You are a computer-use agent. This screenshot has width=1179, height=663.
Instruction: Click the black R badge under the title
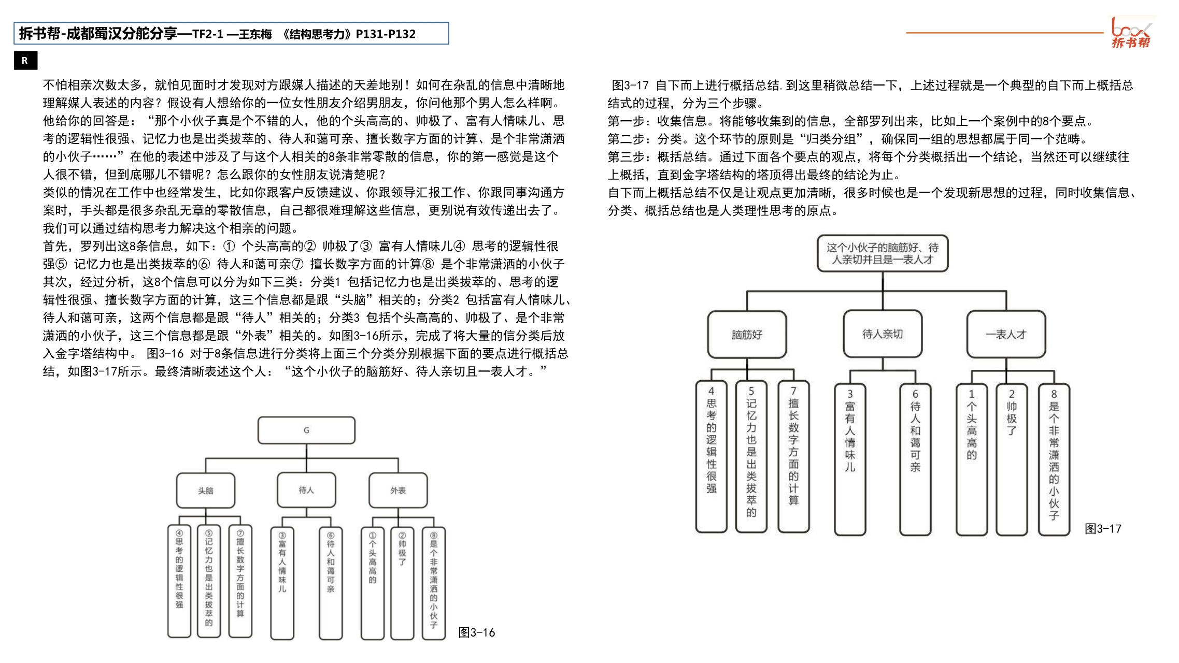pos(25,61)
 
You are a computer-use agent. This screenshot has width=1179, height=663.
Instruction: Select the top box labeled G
pos(306,430)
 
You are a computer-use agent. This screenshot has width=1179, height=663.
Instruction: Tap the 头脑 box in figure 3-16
pos(206,490)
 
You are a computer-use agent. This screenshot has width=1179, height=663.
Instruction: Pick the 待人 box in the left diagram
pos(306,489)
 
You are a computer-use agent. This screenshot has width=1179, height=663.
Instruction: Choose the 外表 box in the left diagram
pos(398,490)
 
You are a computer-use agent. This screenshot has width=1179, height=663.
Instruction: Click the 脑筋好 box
pos(747,335)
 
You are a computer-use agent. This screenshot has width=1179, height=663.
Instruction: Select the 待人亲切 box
pos(883,334)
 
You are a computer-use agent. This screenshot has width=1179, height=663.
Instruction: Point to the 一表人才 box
pos(1006,335)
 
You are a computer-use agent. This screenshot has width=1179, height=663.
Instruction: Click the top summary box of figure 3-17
pos(883,253)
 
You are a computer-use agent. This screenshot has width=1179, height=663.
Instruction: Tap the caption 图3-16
pos(477,632)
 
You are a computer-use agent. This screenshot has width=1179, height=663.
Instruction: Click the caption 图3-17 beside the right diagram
pos(1103,529)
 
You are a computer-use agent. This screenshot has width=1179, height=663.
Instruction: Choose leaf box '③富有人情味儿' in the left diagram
pos(282,583)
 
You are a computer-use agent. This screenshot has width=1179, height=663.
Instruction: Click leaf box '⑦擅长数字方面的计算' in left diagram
pos(240,580)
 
